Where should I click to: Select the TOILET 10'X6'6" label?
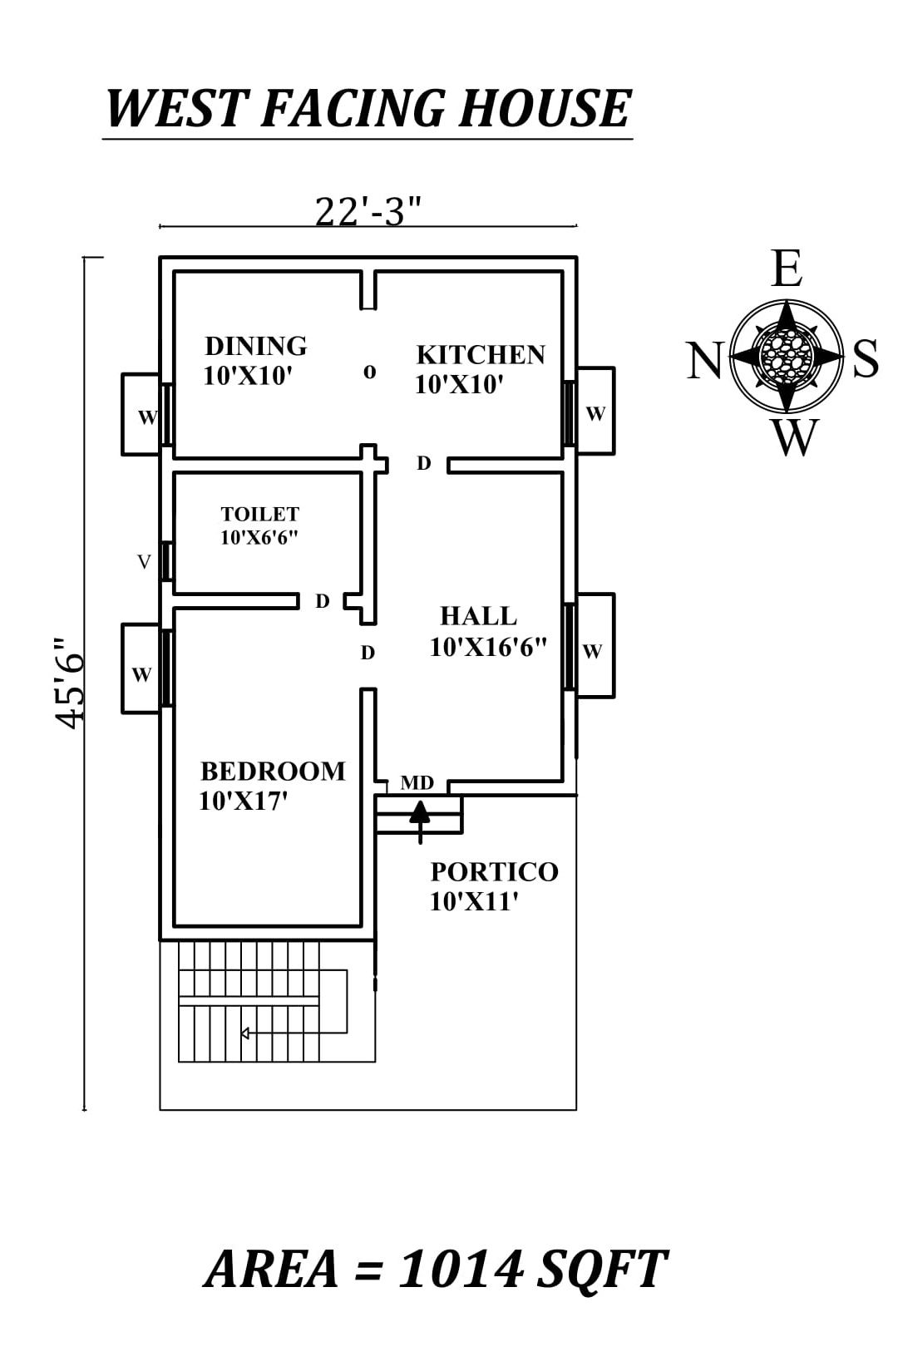(x=259, y=525)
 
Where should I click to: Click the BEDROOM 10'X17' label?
(x=272, y=785)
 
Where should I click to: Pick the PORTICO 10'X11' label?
(x=493, y=885)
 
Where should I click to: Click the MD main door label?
(x=417, y=783)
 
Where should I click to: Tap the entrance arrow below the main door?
(x=420, y=819)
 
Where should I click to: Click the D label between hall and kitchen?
(x=424, y=463)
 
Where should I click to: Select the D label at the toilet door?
(x=323, y=600)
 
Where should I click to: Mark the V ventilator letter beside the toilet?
(x=144, y=563)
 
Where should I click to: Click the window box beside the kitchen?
(x=595, y=412)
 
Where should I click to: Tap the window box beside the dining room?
(x=142, y=415)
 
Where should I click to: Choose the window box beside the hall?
(x=595, y=646)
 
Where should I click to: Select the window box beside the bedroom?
(x=141, y=669)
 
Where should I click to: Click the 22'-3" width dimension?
(x=368, y=211)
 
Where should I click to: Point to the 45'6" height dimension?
(x=71, y=683)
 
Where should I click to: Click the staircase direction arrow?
(x=245, y=1033)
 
